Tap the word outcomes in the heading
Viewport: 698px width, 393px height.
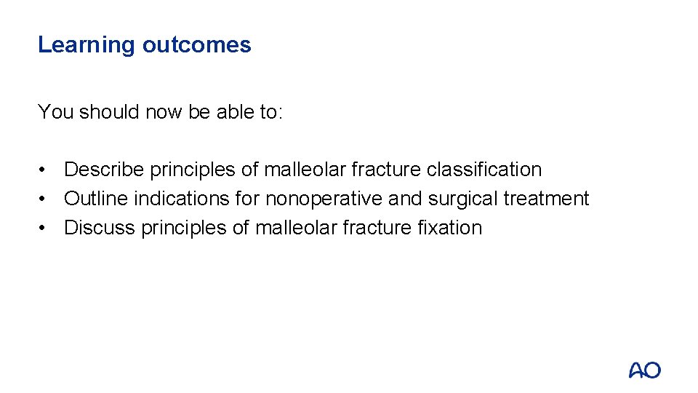click(197, 45)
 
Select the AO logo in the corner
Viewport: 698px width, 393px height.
click(644, 370)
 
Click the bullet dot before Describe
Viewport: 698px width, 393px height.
click(45, 170)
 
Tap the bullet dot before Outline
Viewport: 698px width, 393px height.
click(45, 199)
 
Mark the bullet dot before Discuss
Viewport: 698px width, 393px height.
click(45, 228)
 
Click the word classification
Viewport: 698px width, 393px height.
click(484, 170)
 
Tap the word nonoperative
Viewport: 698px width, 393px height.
click(324, 199)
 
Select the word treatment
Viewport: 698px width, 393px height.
click(546, 199)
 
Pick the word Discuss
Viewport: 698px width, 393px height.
click(99, 228)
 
